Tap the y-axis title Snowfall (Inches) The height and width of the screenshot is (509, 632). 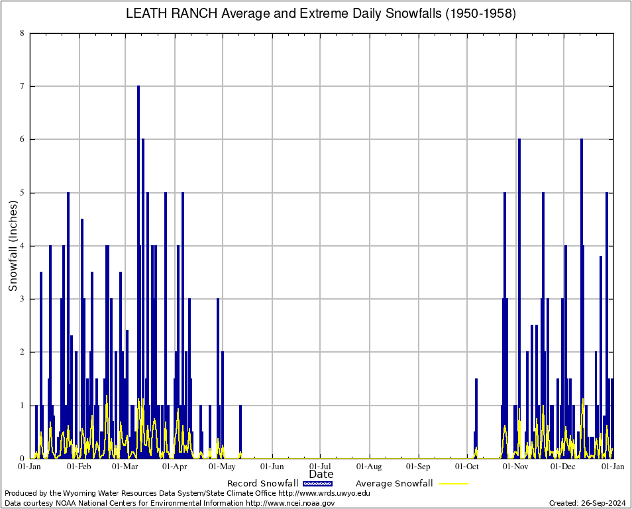tap(13, 245)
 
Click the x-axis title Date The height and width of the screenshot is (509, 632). tap(321, 474)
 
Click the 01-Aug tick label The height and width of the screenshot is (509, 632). tap(370, 467)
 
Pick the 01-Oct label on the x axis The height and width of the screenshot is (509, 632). tap(467, 467)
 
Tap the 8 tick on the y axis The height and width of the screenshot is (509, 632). tap(23, 33)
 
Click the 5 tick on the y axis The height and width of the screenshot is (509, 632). tap(23, 193)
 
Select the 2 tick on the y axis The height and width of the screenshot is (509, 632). tap(23, 352)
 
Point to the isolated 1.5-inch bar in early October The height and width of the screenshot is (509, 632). tap(476, 418)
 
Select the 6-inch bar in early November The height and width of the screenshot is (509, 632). tap(519, 298)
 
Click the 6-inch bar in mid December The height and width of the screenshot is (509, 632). tap(582, 298)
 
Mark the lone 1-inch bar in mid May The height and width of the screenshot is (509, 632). tap(240, 431)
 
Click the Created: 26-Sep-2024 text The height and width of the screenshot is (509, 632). tap(588, 503)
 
